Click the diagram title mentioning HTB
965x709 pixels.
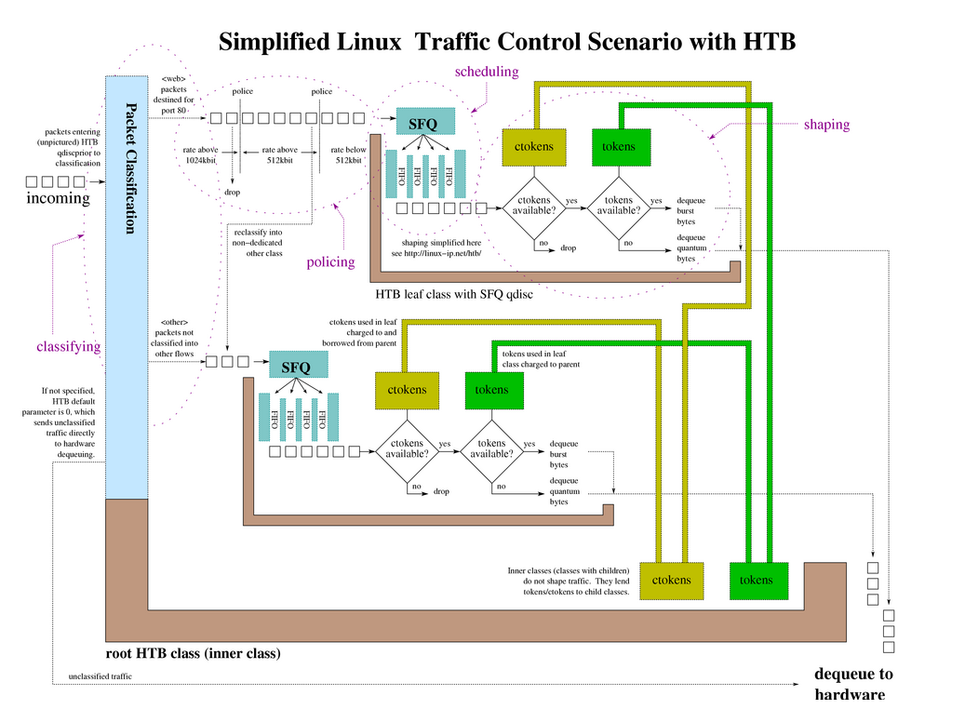pyautogui.click(x=506, y=42)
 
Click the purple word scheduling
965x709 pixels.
pyautogui.click(x=486, y=72)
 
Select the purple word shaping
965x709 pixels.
pyautogui.click(x=826, y=125)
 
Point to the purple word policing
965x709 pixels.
pyautogui.click(x=330, y=262)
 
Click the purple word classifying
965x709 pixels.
pyautogui.click(x=68, y=346)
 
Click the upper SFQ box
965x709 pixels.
pyautogui.click(x=425, y=121)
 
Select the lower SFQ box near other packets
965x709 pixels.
pyautogui.click(x=298, y=364)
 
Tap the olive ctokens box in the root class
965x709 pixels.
pyautogui.click(x=671, y=580)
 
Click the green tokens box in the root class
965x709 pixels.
pyautogui.click(x=756, y=580)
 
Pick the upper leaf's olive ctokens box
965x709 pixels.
pyautogui.click(x=534, y=146)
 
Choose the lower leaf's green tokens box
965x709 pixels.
pyautogui.click(x=491, y=390)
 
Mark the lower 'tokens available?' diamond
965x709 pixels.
pyautogui.click(x=492, y=449)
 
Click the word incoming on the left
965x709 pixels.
pyautogui.click(x=58, y=198)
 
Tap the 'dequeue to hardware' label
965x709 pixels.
pyautogui.click(x=852, y=684)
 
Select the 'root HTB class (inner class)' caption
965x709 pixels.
pyautogui.click(x=194, y=654)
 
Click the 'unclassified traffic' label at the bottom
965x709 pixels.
pyautogui.click(x=101, y=676)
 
